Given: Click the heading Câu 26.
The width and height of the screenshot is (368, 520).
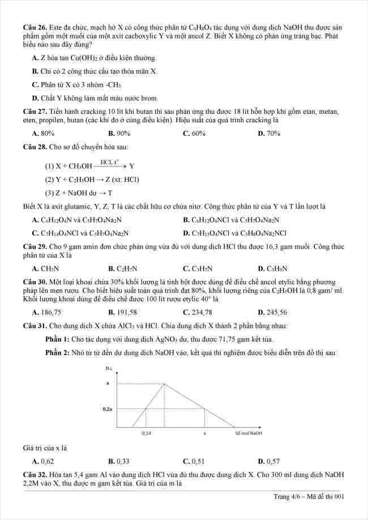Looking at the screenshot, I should pos(34,27).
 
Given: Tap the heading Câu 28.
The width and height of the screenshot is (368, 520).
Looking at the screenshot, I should pos(34,147).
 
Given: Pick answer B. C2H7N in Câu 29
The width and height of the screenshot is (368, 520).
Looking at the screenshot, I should pos(123,268).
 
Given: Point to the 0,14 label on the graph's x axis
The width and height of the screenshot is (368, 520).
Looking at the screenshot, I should pos(147,433).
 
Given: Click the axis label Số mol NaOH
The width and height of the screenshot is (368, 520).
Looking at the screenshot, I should pos(249,433).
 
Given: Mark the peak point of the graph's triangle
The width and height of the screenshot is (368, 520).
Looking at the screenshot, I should pos(165,384).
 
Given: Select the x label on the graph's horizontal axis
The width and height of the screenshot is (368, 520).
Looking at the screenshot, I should pos(204,433).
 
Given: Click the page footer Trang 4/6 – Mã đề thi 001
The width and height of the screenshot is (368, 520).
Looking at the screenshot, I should pos(309,497).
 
